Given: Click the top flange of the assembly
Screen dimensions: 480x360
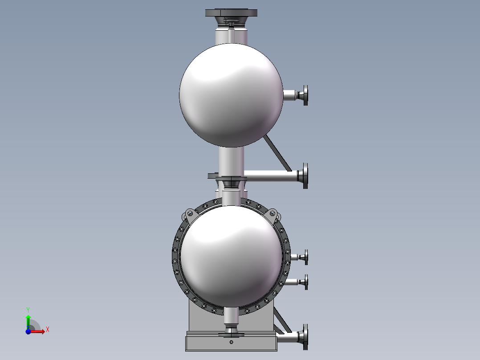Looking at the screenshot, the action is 231,12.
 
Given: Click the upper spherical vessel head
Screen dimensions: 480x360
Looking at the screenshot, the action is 231,95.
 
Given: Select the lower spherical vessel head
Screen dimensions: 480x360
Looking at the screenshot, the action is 231,256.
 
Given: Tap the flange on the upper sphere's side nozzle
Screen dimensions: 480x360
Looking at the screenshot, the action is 305,95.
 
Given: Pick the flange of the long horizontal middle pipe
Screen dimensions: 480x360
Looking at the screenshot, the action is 305,176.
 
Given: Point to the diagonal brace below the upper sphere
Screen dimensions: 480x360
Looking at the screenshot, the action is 277,153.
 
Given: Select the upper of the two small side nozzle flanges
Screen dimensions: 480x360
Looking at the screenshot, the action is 306,257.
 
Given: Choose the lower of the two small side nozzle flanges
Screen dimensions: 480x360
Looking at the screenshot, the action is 306,282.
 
